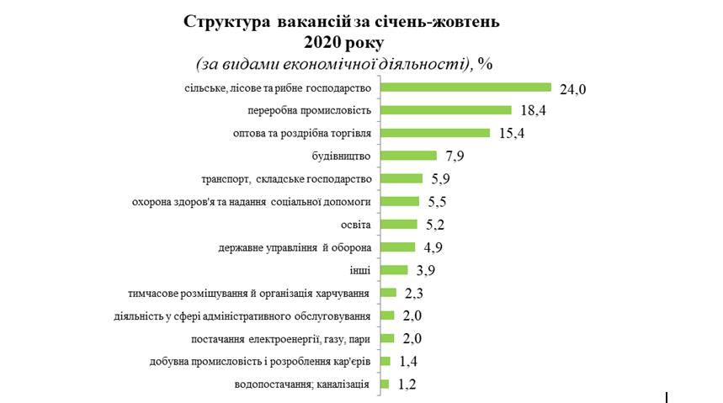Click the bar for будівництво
pyautogui.click(x=408, y=156)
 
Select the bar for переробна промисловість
pyautogui.click(x=446, y=110)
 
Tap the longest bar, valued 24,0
pyautogui.click(x=465, y=87)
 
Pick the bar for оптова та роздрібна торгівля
pyautogui.click(x=435, y=133)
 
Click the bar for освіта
pyautogui.click(x=399, y=225)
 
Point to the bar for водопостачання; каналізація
pyautogui.click(x=385, y=384)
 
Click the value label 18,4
pyautogui.click(x=531, y=111)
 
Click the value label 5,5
pyautogui.click(x=438, y=203)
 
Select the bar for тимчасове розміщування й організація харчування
pyautogui.click(x=388, y=293)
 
